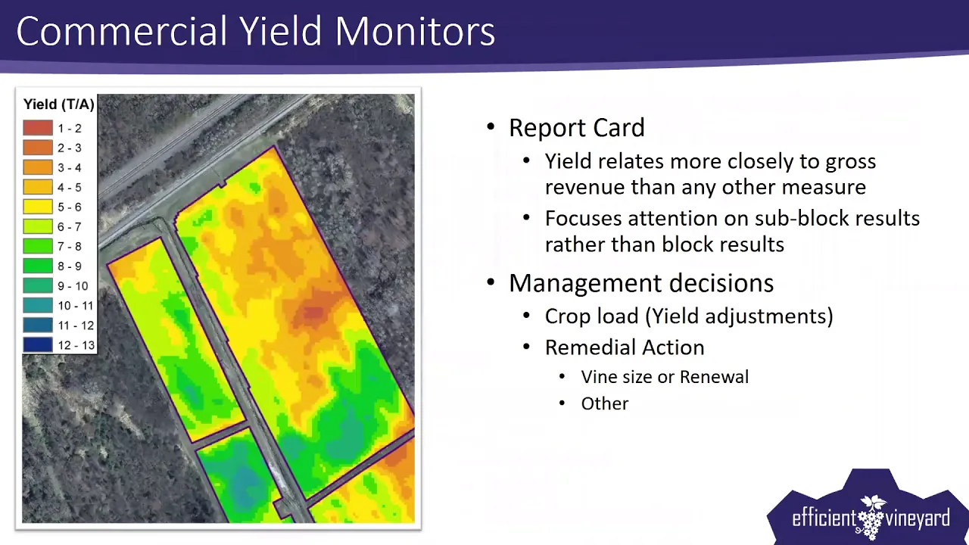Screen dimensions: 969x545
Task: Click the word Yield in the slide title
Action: (280, 31)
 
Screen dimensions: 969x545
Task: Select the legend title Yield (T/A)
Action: (59, 104)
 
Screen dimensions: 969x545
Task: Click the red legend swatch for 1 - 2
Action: (38, 128)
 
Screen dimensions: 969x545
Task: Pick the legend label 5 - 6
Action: (70, 207)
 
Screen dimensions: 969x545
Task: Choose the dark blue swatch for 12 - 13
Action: (38, 344)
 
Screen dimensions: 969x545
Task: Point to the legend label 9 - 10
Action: (73, 286)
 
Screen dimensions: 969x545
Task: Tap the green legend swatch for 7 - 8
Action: (38, 246)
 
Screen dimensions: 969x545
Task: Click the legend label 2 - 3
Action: (70, 148)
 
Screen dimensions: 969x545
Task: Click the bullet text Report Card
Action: (577, 128)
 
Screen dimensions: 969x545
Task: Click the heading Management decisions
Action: (641, 283)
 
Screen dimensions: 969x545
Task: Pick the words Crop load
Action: (592, 316)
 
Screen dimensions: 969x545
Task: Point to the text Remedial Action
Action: (625, 347)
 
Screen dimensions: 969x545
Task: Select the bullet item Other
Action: (605, 403)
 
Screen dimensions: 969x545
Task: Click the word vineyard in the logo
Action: (917, 519)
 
